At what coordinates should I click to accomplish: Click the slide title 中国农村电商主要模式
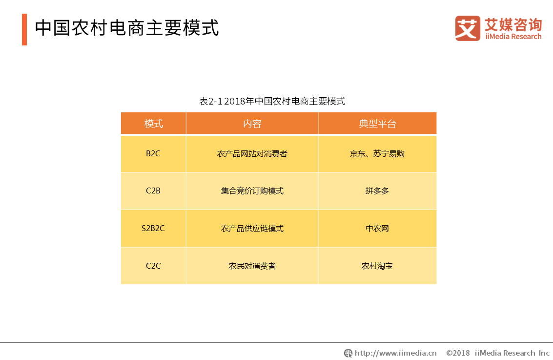tap(127, 28)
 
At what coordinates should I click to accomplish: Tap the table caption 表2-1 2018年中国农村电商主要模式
tap(272, 101)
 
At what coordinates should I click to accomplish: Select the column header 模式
tap(153, 124)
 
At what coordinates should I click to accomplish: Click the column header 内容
tap(252, 124)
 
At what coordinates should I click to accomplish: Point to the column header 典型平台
tap(377, 124)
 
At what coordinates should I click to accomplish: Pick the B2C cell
tap(153, 153)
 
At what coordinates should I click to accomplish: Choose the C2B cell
tap(153, 191)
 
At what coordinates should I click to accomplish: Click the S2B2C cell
tap(153, 228)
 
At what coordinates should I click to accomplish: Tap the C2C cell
tap(153, 266)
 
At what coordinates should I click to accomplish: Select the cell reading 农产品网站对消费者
tap(252, 153)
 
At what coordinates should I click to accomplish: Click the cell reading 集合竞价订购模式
tap(252, 191)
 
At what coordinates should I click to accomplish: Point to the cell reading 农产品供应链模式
tap(252, 228)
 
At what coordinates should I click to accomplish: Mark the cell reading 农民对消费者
tap(252, 266)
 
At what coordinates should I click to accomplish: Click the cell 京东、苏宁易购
tap(377, 153)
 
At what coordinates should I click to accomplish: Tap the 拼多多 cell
tap(377, 191)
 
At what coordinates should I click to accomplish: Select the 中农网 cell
tap(377, 228)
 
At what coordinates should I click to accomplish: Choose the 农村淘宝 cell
tap(377, 266)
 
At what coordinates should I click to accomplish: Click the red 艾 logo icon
tap(468, 28)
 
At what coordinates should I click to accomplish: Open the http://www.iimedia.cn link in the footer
tap(395, 353)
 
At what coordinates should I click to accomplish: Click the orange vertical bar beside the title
tap(24, 30)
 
